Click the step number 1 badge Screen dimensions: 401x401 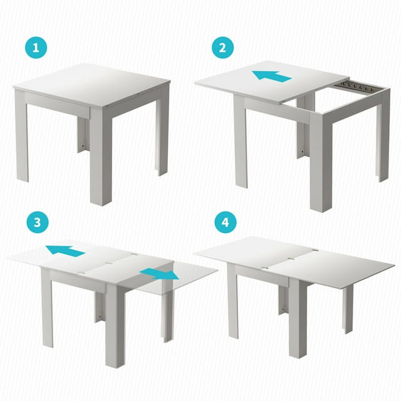coord(37,46)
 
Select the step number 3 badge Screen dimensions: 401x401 coord(37,222)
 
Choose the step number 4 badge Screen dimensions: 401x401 coord(223,222)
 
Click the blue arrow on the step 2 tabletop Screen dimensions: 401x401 coord(272,76)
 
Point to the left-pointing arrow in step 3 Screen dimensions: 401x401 coord(65,251)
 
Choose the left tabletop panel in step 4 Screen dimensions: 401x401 coord(251,251)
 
